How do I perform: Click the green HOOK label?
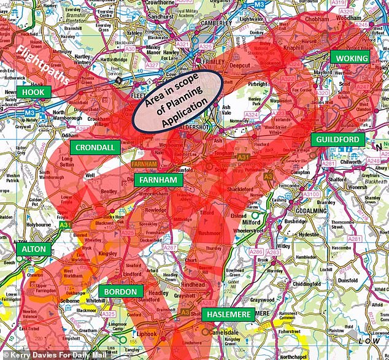click(x=34, y=91)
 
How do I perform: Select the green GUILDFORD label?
click(x=337, y=139)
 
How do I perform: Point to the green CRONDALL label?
click(x=95, y=148)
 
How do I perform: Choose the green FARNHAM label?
click(x=158, y=180)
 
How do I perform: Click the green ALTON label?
click(x=34, y=250)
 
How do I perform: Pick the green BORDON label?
click(x=121, y=291)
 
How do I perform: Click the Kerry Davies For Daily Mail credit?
click(x=45, y=354)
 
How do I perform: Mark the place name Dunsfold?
click(x=347, y=280)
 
